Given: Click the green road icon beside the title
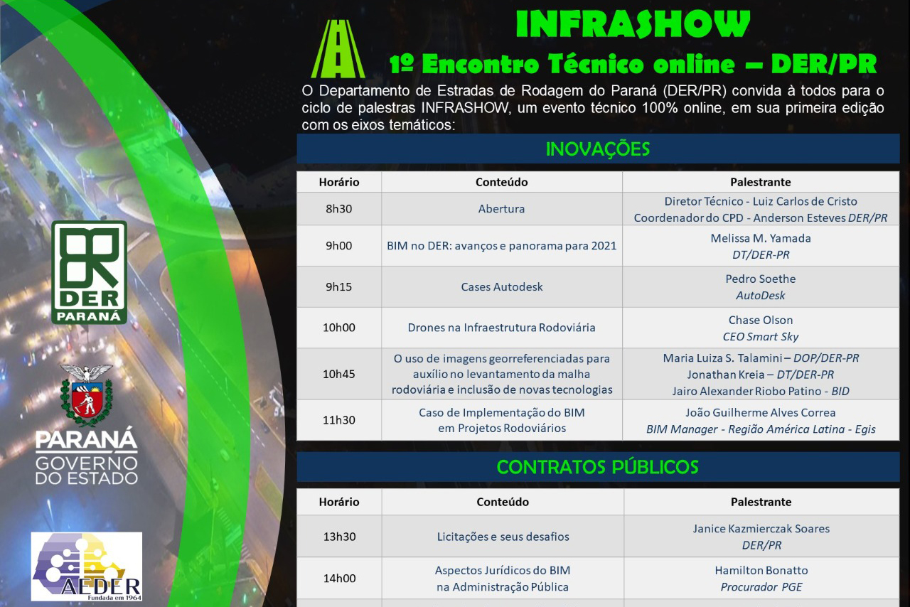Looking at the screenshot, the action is point(338,49).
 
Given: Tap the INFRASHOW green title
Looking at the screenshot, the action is point(633,24).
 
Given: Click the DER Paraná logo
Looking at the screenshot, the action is point(89,272).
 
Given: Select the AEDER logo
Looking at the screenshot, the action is point(87,566).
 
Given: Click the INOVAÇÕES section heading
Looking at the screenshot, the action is point(598,149).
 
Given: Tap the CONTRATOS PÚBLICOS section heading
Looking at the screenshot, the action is point(598,467).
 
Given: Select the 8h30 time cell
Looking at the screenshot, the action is point(339,209).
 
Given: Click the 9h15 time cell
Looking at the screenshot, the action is point(339,287).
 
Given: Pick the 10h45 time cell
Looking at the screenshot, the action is point(339,374).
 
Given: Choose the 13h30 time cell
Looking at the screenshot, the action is point(340,537).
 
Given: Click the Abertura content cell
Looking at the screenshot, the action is point(501,209).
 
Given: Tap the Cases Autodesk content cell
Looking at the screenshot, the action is point(502,287).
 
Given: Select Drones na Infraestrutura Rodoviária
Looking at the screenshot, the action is point(501,328).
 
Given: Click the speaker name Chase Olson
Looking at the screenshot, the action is point(761,320).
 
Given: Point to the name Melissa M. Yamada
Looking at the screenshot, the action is point(761,238).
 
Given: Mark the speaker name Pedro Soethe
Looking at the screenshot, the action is point(761,279).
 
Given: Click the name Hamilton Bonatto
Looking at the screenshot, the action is point(761,571).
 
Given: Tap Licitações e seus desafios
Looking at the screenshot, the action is point(503,537).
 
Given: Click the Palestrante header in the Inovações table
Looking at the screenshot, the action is point(761,182).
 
